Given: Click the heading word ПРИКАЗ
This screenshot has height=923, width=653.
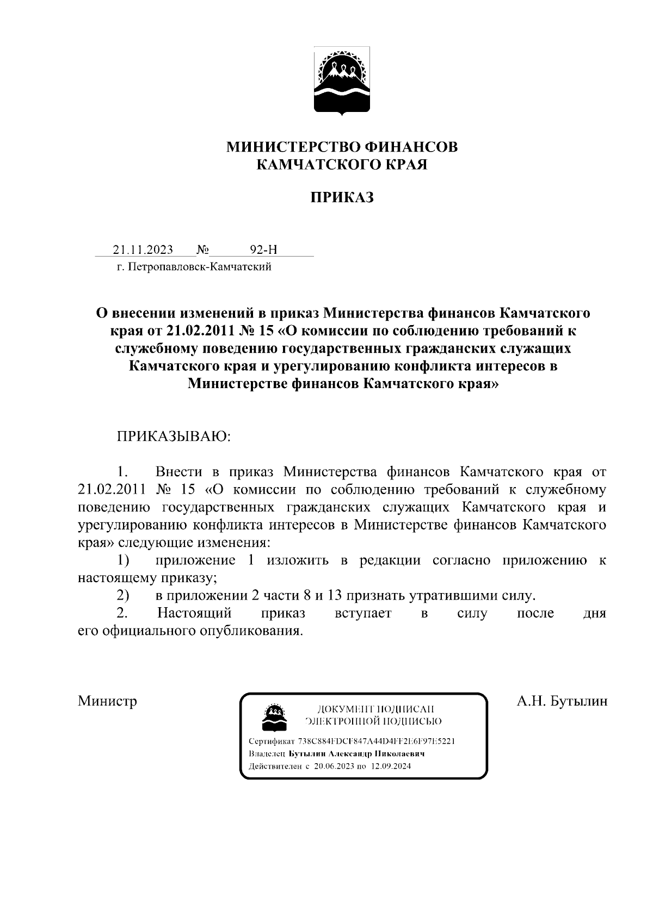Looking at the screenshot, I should point(342,198).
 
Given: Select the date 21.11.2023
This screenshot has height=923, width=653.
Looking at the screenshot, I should point(143,250).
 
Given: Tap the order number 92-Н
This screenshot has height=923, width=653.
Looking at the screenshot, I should point(263,250).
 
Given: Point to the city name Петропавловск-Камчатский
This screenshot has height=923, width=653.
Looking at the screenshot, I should point(198,267).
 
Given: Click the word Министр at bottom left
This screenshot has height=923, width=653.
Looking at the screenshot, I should point(107,701).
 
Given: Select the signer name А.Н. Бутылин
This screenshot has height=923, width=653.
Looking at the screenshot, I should point(562,701).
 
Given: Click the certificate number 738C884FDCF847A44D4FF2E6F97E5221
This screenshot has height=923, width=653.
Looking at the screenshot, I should point(377,741).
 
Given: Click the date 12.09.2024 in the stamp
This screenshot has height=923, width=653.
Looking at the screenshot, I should point(391,766).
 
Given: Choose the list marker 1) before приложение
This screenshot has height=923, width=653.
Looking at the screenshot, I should point(123,560).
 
